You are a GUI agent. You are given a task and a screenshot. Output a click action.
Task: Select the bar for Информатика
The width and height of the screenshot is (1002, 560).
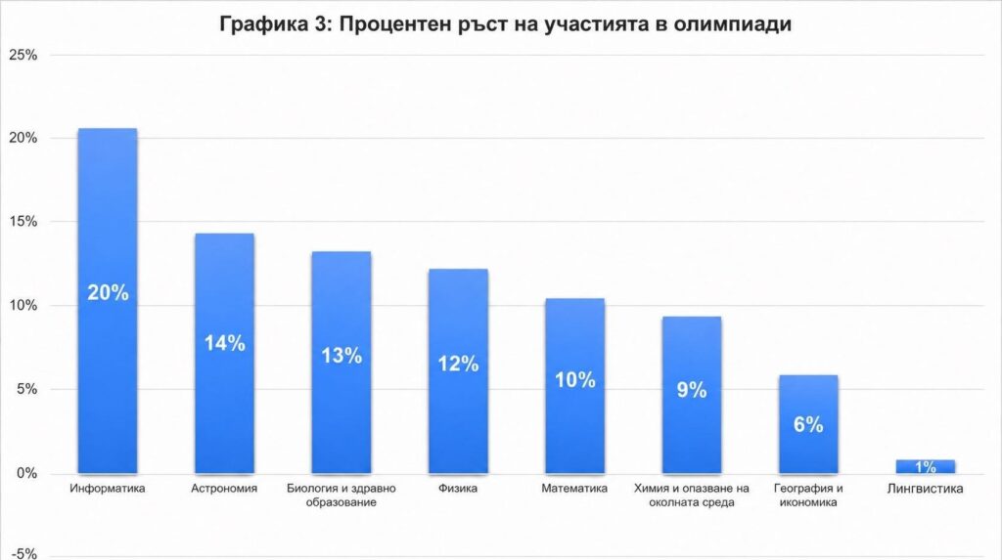108,301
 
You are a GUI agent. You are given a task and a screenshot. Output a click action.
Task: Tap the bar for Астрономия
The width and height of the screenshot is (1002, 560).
224,353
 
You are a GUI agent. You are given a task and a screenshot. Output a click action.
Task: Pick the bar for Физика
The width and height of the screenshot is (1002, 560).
458,371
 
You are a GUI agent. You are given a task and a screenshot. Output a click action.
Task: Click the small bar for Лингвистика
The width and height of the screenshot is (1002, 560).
926,467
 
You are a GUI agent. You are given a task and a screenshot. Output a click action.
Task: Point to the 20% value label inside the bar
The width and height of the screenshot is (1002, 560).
108,292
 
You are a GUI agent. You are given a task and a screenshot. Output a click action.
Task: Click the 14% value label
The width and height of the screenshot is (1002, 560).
225,343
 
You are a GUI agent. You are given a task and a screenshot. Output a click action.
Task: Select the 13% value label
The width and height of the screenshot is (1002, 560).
342,355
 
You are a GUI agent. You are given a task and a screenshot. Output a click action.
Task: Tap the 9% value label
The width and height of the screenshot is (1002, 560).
692,390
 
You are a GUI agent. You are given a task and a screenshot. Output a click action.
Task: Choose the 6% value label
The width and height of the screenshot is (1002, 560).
808,424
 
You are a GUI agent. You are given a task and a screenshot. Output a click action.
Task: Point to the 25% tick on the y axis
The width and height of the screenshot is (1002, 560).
23,55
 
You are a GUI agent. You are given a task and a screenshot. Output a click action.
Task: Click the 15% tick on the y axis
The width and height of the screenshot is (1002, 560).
23,222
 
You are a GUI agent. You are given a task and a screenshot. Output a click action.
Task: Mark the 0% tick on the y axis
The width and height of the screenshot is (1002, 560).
26,473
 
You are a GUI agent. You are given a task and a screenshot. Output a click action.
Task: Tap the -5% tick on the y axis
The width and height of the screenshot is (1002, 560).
24,553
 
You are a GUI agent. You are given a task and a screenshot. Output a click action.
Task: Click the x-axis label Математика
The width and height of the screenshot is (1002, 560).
574,489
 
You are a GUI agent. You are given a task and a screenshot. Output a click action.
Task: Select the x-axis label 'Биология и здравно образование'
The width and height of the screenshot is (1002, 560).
342,495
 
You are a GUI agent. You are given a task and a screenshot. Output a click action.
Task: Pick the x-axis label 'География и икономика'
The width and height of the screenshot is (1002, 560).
808,495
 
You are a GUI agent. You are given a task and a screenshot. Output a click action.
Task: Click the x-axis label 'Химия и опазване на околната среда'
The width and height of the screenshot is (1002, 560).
692,495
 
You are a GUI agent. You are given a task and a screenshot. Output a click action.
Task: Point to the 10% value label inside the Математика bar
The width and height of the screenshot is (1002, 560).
575,380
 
